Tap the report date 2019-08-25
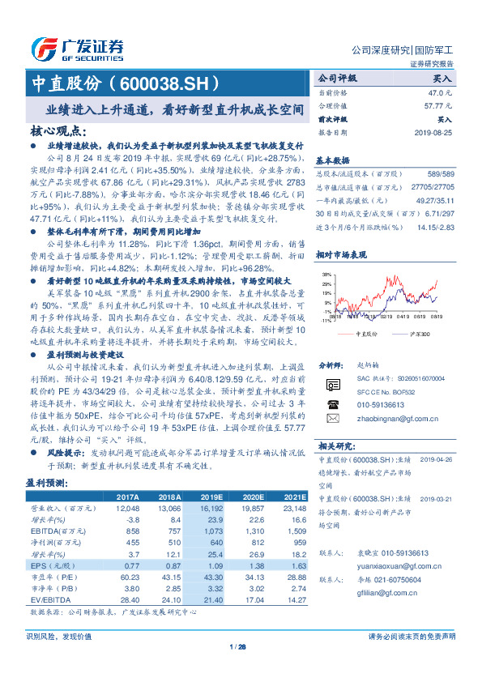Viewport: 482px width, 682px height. pos(434,131)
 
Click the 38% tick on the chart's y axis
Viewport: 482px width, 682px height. pos(326,275)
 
